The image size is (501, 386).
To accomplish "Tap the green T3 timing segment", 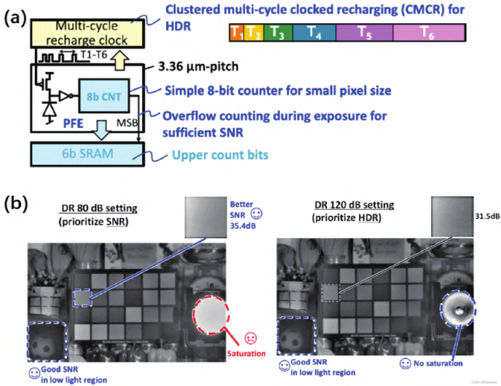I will pos(278,32).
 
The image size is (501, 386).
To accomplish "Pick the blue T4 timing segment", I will pos(314,32).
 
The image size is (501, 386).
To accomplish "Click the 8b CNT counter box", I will pos(104,96).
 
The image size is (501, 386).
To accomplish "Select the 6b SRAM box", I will pos(87,154).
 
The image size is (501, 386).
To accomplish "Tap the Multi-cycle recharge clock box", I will pos(87,33).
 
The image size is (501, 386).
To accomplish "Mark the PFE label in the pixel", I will pos(73,123).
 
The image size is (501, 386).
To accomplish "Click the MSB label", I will pos(127,123).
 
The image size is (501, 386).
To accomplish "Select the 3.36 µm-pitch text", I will pos(198,67).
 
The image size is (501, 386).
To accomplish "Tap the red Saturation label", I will pos(246,353).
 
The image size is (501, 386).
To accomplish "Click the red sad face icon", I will pos(251,338).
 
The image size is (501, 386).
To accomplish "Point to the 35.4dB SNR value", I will pos(243,226).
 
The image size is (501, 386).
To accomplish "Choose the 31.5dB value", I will pos(487,216).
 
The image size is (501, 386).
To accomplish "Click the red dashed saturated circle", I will pos(211,315).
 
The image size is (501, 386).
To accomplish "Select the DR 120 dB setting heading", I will pos(354,205).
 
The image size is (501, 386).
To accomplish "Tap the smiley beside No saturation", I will pos(405,364).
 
